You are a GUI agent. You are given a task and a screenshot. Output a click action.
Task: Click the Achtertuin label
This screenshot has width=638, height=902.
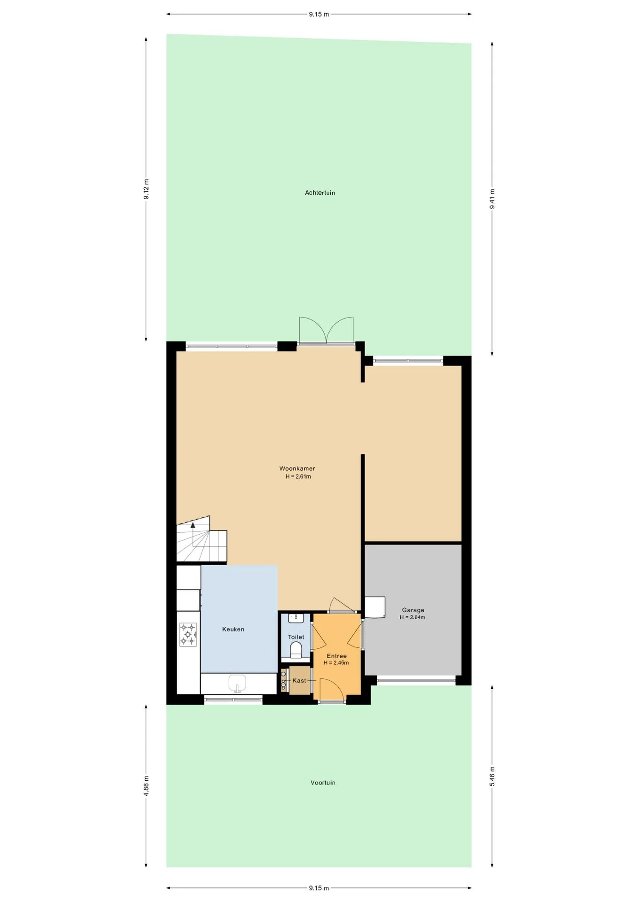[x=320, y=193]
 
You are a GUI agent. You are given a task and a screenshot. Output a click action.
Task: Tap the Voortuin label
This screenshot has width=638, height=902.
[x=323, y=783]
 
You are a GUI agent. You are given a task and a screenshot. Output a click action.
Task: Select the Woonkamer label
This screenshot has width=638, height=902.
[x=297, y=468]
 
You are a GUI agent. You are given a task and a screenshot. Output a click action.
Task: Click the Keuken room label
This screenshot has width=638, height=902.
[x=233, y=629]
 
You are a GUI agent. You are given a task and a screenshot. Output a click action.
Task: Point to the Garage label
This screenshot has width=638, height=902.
[x=413, y=610]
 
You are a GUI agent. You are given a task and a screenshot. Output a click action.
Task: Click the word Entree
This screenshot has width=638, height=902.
[x=337, y=656]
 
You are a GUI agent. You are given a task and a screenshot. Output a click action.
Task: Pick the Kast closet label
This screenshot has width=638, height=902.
[x=299, y=680]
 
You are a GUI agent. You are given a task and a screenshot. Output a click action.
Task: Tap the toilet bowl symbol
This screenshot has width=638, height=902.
[x=296, y=650]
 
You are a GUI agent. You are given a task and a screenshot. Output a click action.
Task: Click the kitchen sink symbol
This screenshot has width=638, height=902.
[x=238, y=684]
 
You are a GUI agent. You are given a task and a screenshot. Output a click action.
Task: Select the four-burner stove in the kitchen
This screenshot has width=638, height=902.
[x=188, y=634]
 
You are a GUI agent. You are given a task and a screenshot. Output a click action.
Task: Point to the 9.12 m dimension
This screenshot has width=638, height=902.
[x=146, y=189]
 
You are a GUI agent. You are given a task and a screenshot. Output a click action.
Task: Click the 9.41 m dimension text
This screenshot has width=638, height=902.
[x=492, y=199]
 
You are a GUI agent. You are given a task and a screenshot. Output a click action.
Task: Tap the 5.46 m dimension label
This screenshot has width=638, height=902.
[x=492, y=776]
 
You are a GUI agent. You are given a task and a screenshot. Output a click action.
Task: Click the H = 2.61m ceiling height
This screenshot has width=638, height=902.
[x=298, y=476]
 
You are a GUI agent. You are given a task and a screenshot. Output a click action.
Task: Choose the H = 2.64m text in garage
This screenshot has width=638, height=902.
[x=412, y=617]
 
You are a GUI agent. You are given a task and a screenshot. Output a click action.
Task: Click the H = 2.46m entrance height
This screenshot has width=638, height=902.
[x=336, y=663]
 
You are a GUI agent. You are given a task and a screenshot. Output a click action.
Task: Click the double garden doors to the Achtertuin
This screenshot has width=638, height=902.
[x=326, y=331]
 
